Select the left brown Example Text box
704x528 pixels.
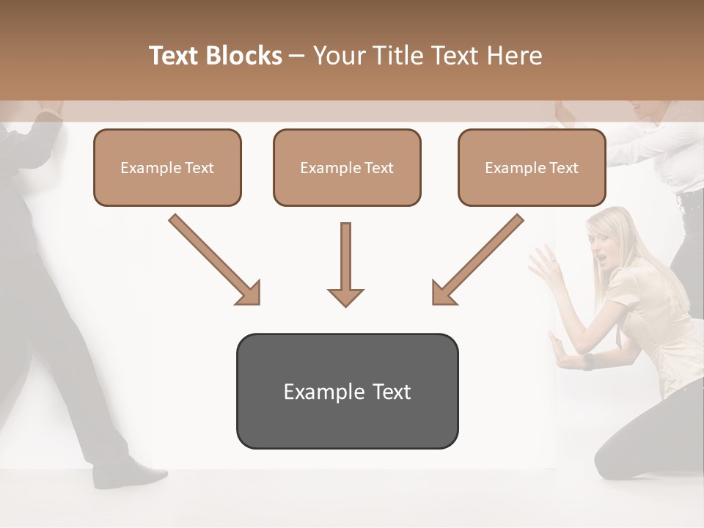coord(167,167)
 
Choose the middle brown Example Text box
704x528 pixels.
coord(347,167)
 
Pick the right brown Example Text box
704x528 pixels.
coord(532,167)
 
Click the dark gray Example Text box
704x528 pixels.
coord(347,392)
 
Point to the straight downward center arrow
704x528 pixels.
coord(345,264)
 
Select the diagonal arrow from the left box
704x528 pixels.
coord(215,260)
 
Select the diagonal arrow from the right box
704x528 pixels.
coord(477,260)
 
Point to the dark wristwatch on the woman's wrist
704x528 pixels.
coord(588,362)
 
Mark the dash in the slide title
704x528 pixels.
coord(297,56)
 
